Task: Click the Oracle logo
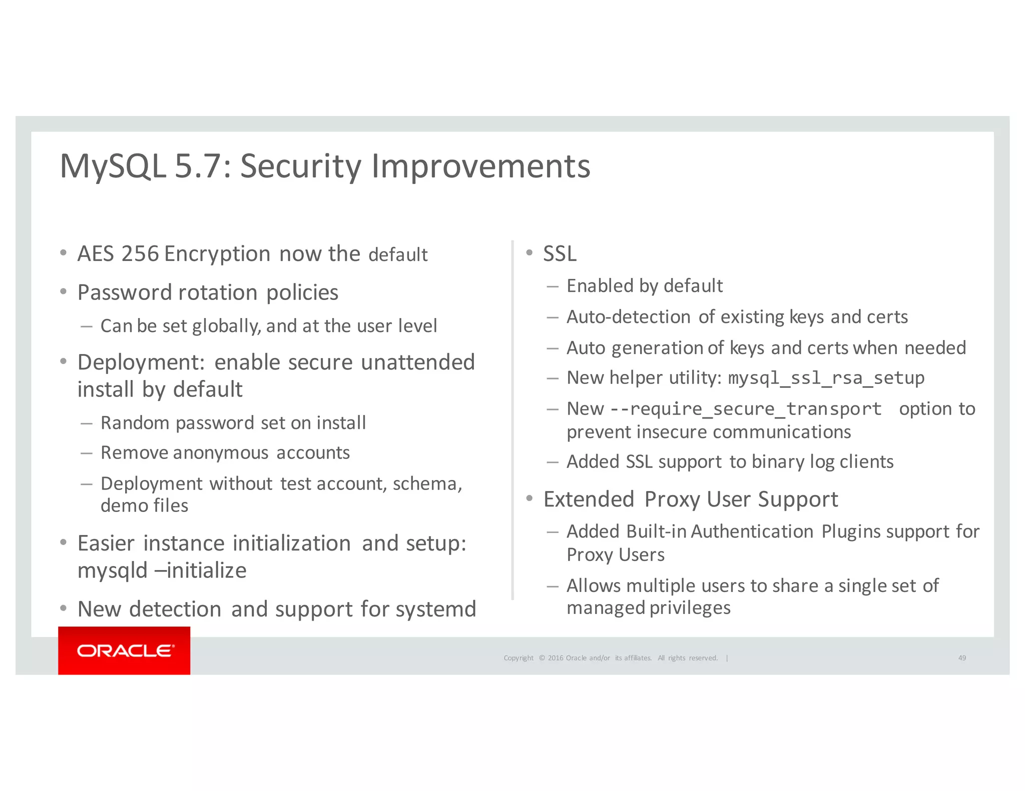[x=125, y=650]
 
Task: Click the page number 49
[x=962, y=657]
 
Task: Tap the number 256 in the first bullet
[x=140, y=253]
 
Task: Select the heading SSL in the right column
[x=560, y=253]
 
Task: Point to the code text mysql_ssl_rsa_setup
[x=826, y=378]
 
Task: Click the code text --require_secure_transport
[x=746, y=409]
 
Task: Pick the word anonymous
[x=221, y=452]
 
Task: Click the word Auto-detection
[x=629, y=317]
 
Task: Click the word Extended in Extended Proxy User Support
[x=589, y=499]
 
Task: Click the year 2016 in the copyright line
[x=556, y=657]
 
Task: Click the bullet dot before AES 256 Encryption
[x=63, y=252]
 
